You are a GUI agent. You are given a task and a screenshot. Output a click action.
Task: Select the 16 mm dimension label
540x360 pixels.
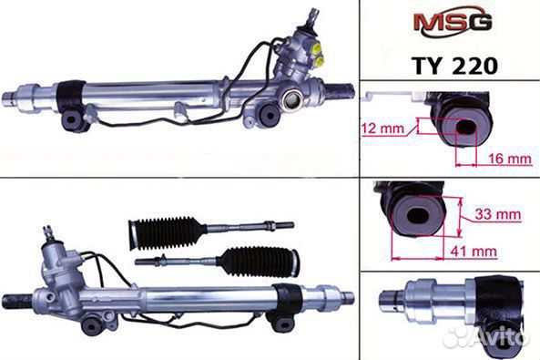point(510,159)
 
